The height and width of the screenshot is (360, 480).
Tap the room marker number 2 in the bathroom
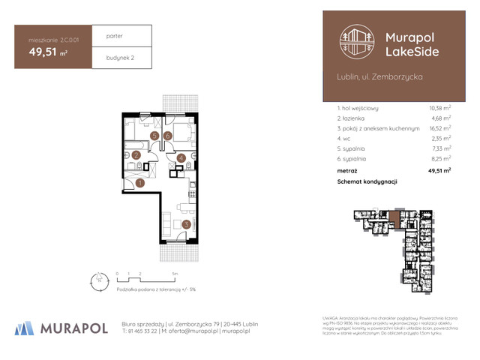click(x=136, y=155)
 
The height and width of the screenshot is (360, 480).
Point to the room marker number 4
click(x=181, y=158)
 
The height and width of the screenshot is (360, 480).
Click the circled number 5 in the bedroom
click(x=154, y=136)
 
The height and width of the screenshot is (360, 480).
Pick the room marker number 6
click(x=169, y=136)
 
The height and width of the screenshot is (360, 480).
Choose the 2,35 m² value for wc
click(x=440, y=139)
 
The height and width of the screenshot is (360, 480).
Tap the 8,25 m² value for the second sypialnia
click(x=439, y=159)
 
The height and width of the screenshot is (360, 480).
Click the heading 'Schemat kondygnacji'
click(x=367, y=181)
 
